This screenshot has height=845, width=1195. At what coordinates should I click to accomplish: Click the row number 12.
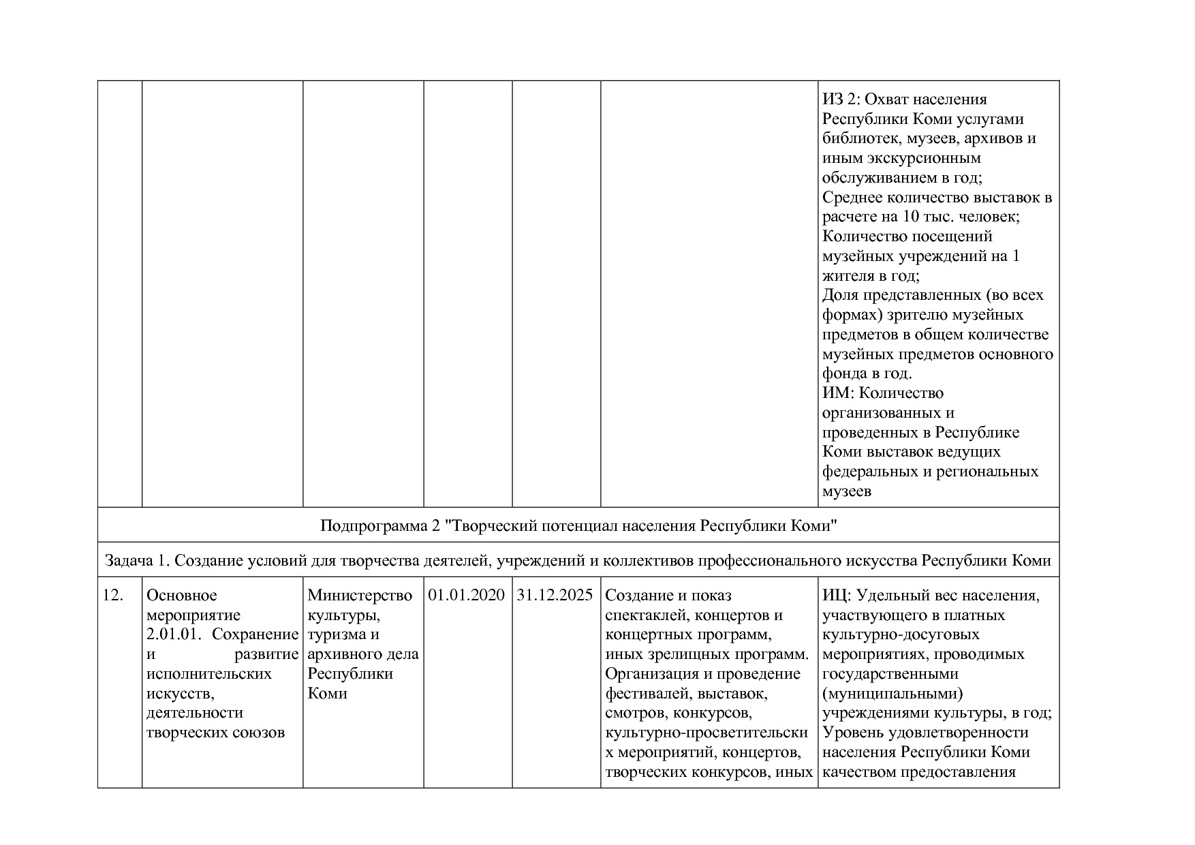click(113, 596)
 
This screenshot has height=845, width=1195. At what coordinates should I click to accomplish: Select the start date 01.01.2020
click(467, 596)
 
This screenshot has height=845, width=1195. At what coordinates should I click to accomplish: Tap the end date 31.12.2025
click(555, 596)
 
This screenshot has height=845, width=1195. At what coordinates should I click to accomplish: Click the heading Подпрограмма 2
click(578, 526)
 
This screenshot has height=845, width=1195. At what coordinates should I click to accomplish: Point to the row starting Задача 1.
click(578, 561)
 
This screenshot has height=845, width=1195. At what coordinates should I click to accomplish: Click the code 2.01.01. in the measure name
click(175, 634)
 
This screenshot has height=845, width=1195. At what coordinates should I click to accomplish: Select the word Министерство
click(360, 596)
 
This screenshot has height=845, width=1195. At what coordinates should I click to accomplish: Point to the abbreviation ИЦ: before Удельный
click(837, 596)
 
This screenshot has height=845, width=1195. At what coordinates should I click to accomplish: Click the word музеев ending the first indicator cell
click(847, 491)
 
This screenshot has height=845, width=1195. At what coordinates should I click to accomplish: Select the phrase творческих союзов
click(215, 733)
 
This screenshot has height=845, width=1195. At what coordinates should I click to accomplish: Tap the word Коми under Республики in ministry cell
click(327, 694)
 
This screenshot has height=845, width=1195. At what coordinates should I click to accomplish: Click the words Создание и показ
click(668, 596)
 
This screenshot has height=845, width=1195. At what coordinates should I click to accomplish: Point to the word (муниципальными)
click(893, 694)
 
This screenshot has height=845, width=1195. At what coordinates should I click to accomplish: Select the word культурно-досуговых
click(901, 634)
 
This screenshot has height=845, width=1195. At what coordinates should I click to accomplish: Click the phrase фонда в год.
click(866, 374)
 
